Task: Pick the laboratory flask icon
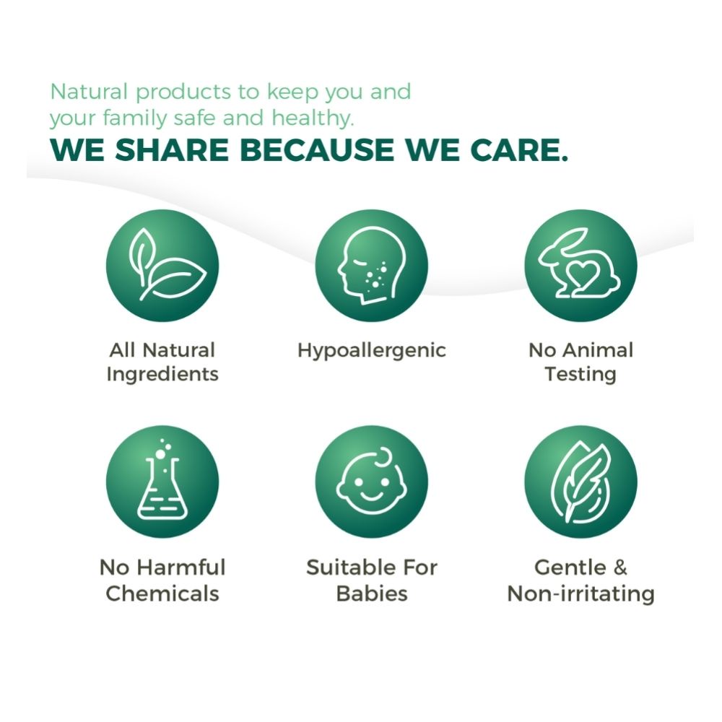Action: [x=162, y=482]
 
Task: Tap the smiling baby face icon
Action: [x=372, y=482]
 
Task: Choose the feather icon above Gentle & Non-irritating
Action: [x=580, y=482]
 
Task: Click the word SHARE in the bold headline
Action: [x=171, y=149]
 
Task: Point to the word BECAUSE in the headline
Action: [x=317, y=149]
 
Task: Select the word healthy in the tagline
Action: [x=313, y=118]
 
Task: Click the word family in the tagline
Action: [x=134, y=118]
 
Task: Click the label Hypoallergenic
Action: [x=372, y=351]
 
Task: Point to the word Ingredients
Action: [x=162, y=374]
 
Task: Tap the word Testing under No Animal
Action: [x=580, y=374]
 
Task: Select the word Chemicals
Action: [x=162, y=593]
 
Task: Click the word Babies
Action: [x=372, y=593]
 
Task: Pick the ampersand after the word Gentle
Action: [x=619, y=567]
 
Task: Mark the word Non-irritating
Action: [x=580, y=593]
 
